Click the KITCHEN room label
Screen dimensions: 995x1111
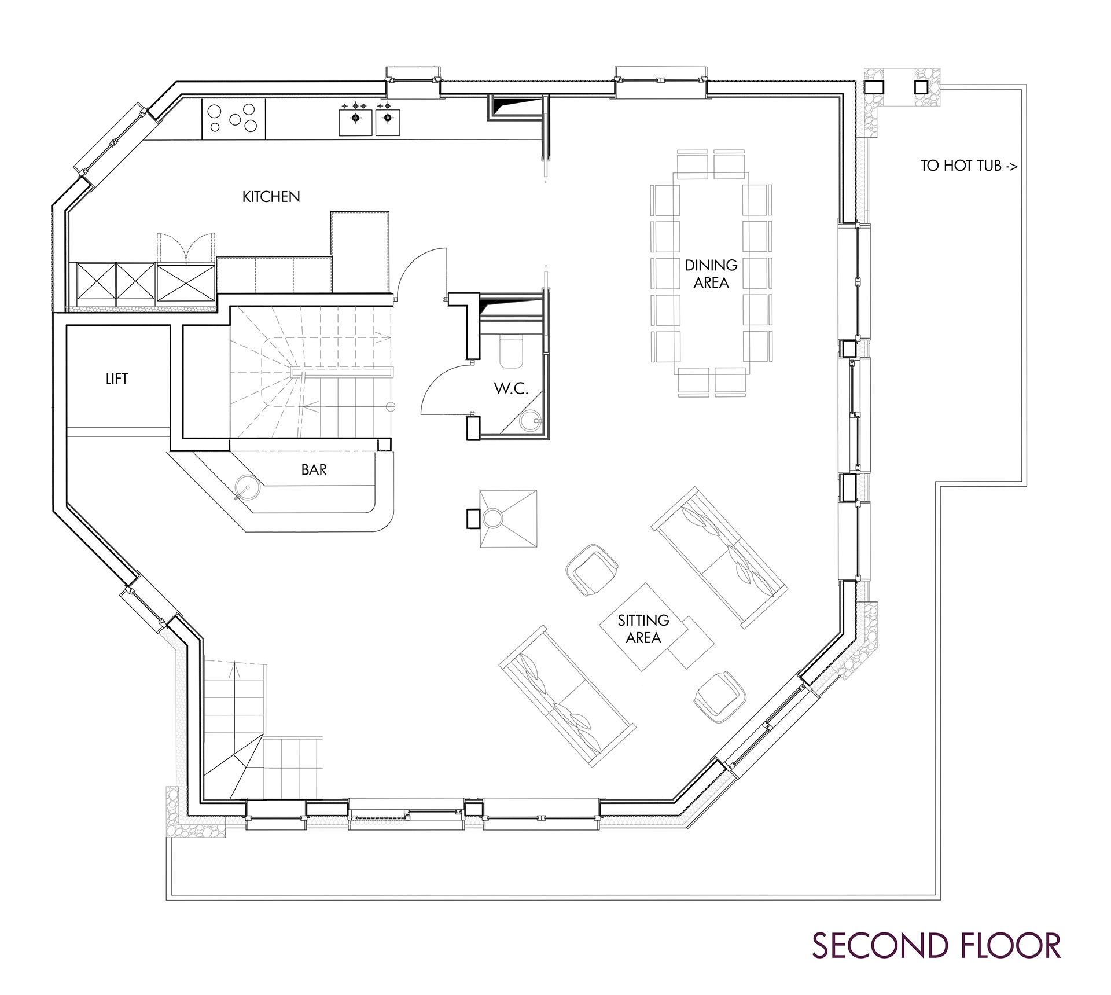[271, 197]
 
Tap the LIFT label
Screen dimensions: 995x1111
[117, 379]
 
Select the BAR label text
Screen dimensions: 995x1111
[314, 470]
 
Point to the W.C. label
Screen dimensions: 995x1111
[511, 388]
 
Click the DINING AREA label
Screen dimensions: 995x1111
[711, 274]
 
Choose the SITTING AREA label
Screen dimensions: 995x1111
[643, 629]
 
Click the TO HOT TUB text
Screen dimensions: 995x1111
[969, 166]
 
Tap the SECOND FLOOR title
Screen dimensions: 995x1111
[936, 945]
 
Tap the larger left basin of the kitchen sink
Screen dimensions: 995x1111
[355, 119]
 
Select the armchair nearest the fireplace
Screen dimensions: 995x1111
[591, 570]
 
